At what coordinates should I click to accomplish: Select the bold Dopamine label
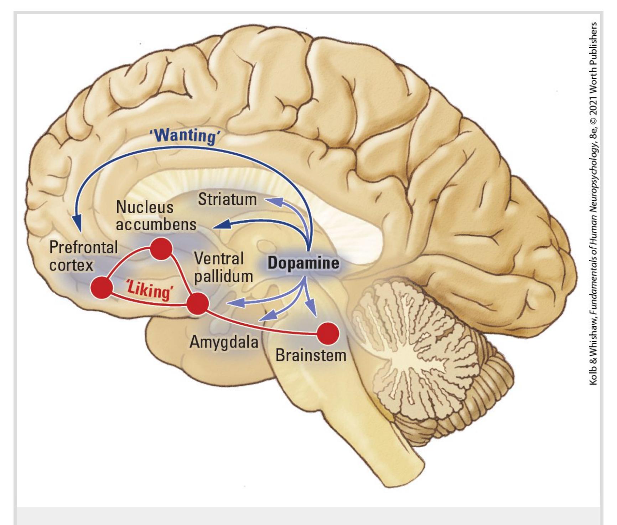pos(303,263)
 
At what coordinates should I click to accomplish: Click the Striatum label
pos(227,199)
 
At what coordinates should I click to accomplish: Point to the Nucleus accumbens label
pos(156,216)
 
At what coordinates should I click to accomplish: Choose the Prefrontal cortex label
pos(83,256)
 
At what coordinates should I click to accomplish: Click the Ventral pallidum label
pos(223,267)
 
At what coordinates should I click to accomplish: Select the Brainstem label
pos(311,355)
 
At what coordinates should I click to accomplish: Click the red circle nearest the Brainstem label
pos(328,334)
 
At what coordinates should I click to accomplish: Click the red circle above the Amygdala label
pos(198,304)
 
